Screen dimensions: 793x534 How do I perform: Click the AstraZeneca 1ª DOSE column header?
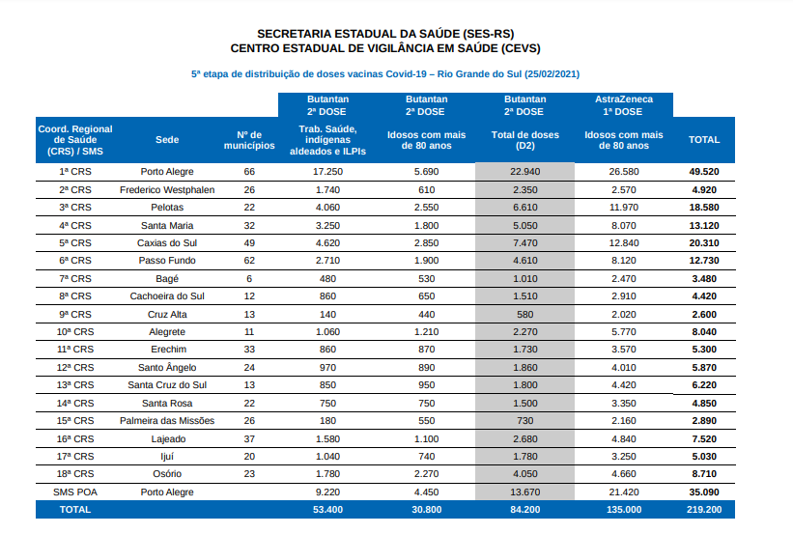point(624,105)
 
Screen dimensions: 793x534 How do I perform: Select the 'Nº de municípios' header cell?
point(249,140)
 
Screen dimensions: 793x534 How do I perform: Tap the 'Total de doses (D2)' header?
point(524,140)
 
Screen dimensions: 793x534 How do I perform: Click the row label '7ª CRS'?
point(75,279)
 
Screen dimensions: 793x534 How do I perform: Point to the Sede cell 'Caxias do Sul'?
point(167,243)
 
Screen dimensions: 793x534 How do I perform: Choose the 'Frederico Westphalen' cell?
point(167,190)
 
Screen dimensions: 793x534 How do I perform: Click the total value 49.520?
point(704,172)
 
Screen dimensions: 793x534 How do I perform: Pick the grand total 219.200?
point(704,510)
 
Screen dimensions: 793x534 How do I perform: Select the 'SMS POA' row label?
point(75,492)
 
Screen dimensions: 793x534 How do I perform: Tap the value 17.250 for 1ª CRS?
point(327,172)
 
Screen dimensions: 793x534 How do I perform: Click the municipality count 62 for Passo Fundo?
point(249,261)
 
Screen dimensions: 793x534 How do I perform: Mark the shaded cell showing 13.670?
point(524,492)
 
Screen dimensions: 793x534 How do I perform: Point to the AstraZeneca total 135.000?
point(624,510)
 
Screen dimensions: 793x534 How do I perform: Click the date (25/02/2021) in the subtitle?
point(552,74)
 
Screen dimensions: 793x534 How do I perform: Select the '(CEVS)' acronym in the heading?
point(521,48)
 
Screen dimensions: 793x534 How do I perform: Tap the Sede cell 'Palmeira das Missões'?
point(167,421)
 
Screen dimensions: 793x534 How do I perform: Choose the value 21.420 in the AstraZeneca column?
point(624,492)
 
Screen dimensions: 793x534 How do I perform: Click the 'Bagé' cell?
point(167,279)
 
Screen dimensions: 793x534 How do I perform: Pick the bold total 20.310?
point(704,243)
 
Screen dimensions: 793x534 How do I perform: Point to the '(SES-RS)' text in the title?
point(488,34)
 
